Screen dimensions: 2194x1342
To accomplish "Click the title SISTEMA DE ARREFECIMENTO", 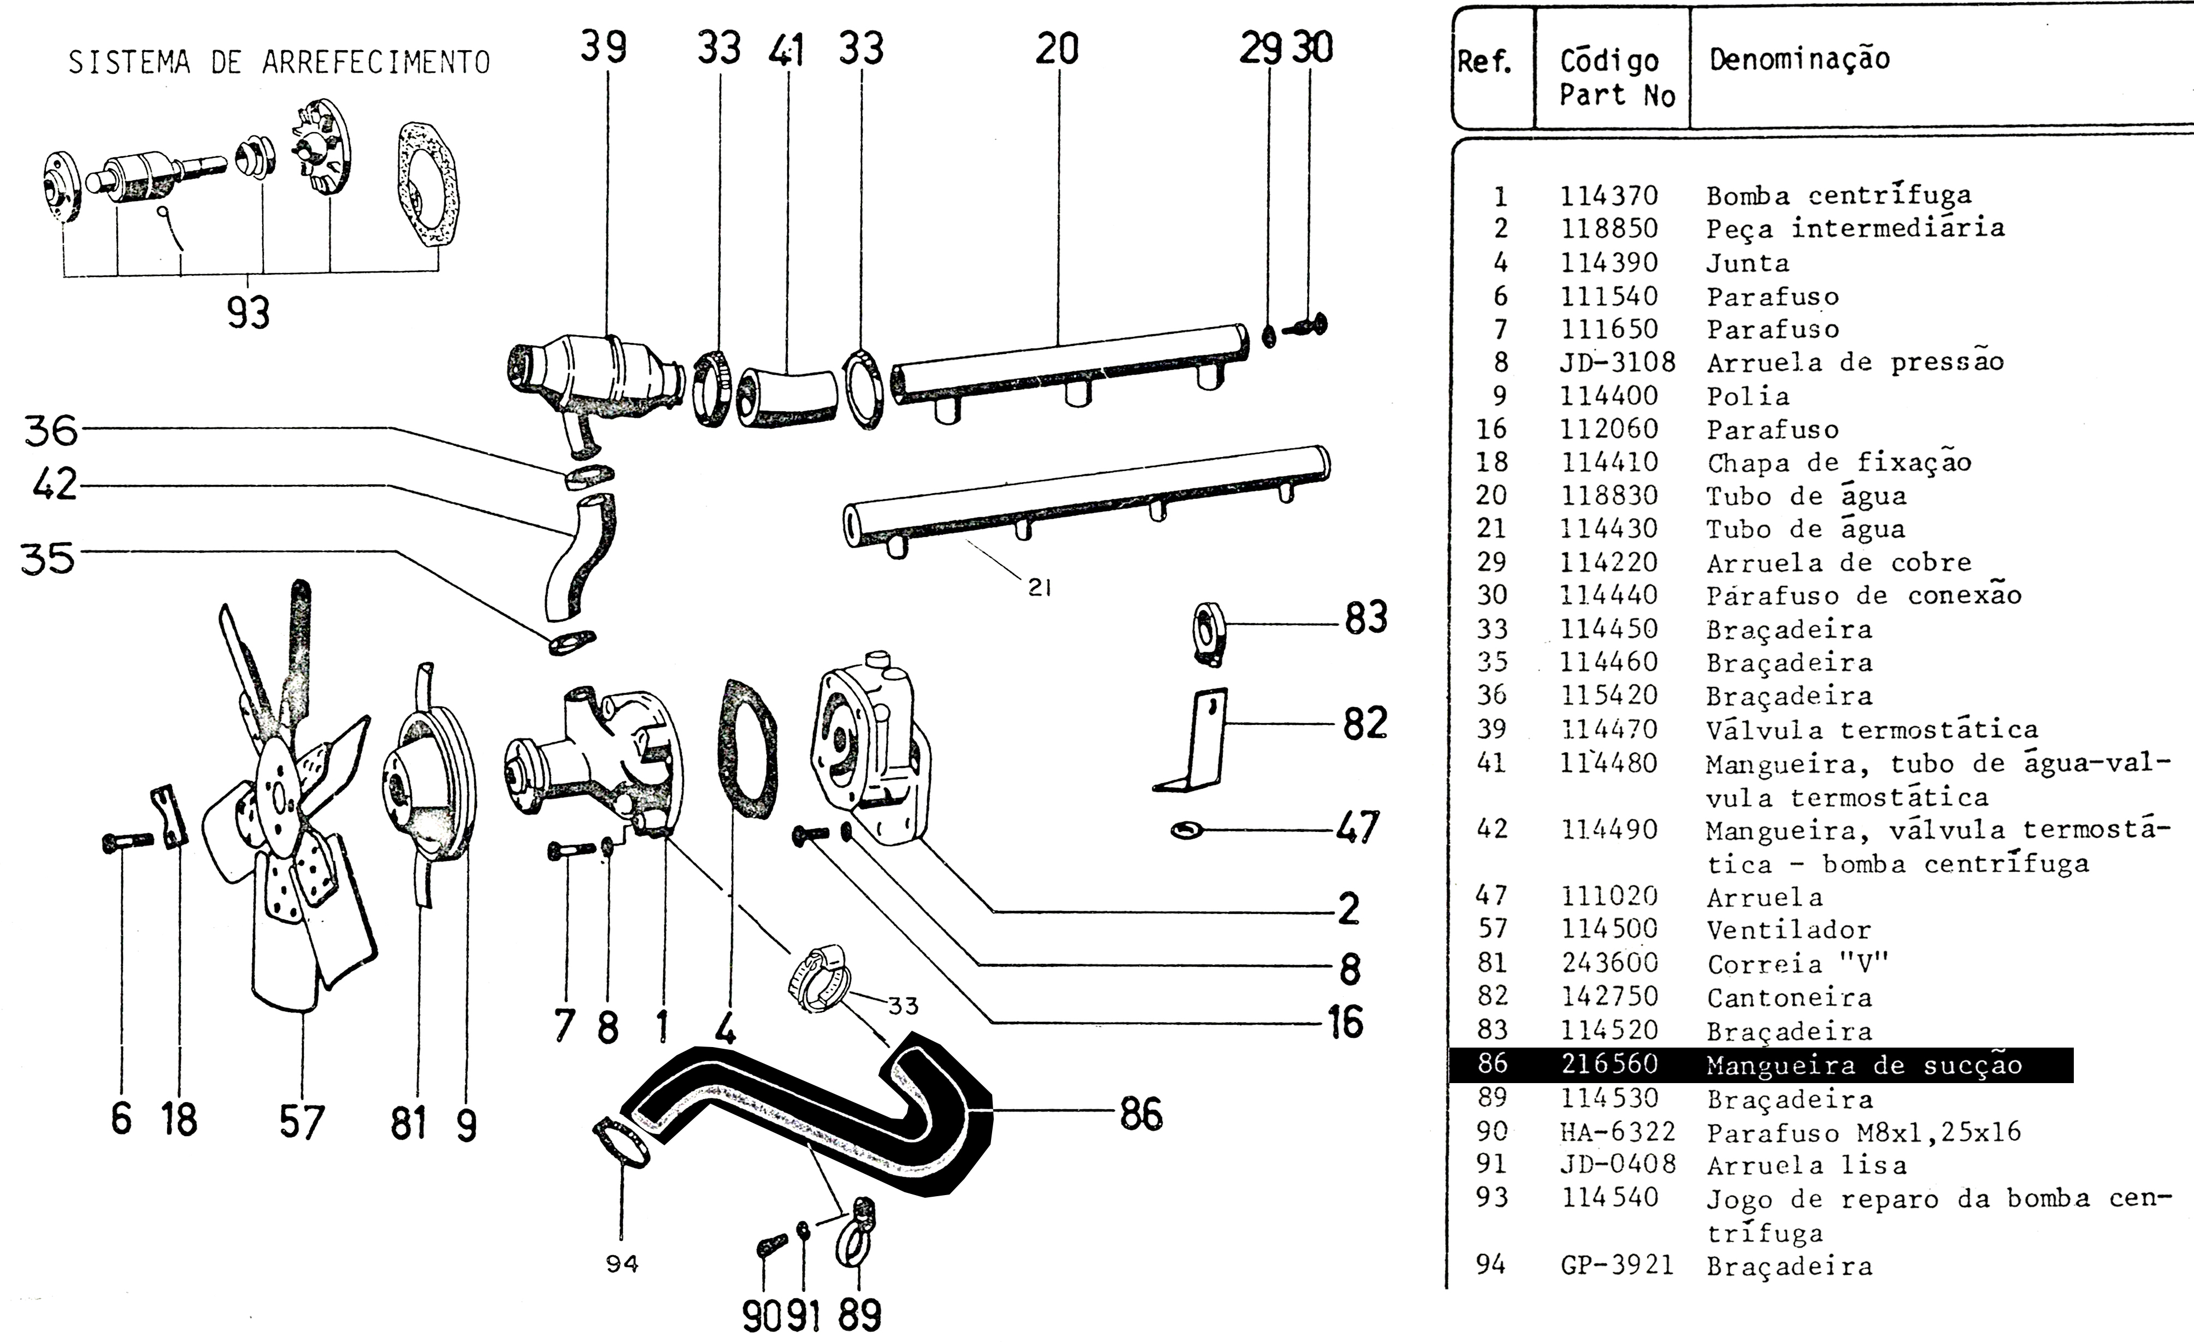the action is [279, 62].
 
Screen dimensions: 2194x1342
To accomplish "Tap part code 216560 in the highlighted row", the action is [1609, 1064].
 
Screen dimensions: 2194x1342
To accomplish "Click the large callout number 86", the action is [1141, 1113].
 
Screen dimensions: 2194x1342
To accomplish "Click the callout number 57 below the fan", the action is [302, 1122].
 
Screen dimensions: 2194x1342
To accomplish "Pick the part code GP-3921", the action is [1617, 1266].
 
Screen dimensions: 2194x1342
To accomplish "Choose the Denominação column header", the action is [1800, 59].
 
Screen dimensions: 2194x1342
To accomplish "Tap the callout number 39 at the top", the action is [604, 46].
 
